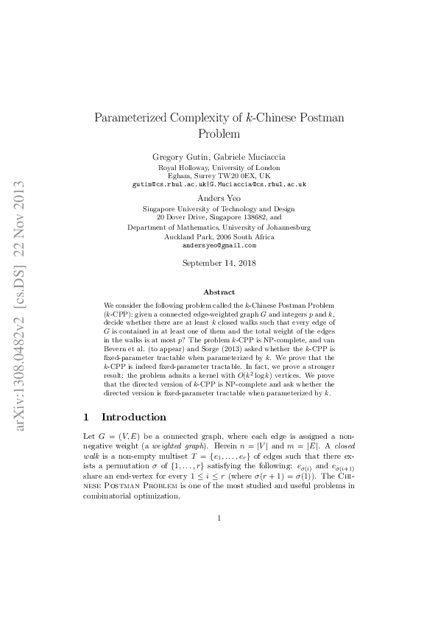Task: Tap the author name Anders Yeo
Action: (219, 198)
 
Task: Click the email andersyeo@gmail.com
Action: (219, 245)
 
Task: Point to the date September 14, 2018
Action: (219, 263)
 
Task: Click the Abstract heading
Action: (219, 292)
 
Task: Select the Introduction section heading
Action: (134, 417)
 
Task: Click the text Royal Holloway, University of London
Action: (219, 168)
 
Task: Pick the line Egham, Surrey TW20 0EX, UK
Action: (219, 176)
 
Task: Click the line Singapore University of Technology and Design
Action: (219, 209)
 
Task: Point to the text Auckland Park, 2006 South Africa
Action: (219, 237)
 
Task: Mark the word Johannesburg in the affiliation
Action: (285, 228)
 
